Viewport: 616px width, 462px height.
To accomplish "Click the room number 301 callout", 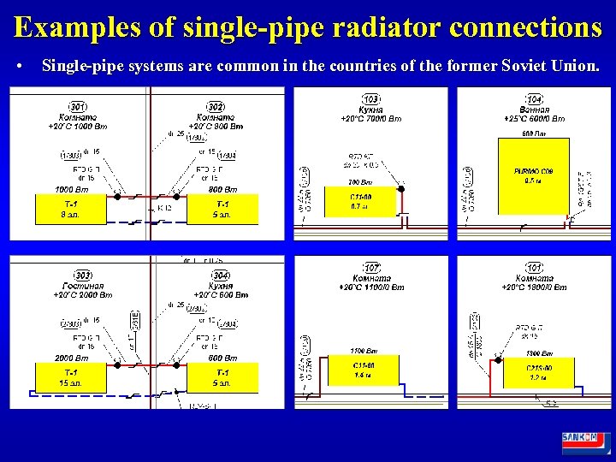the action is click(78, 106).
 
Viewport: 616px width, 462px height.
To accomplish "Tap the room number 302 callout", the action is click(216, 106).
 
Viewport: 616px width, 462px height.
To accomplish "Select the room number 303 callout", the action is click(83, 275).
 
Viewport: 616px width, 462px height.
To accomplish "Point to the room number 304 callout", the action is click(221, 275).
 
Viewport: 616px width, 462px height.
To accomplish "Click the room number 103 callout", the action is click(371, 99).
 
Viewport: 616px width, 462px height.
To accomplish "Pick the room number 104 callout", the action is click(535, 99).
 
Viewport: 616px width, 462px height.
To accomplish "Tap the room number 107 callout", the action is click(372, 268).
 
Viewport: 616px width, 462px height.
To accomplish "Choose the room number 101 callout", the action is click(535, 268).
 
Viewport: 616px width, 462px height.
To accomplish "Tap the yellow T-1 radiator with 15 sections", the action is click(69, 377).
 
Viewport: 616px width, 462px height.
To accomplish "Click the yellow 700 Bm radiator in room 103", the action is click(360, 201).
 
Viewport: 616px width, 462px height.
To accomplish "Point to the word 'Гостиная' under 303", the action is click(83, 286).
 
